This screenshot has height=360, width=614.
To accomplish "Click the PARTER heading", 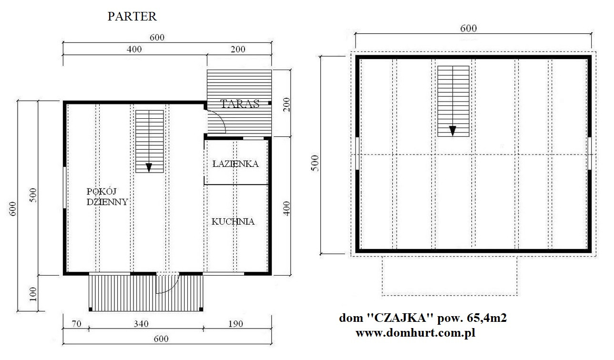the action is [x=132, y=17].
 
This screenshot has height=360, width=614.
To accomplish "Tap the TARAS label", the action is [x=240, y=104].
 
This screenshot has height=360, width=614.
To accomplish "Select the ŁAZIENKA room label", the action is [x=235, y=164].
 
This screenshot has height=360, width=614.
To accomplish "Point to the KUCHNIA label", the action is [x=233, y=222].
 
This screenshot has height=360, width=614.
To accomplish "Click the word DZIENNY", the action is [x=107, y=202].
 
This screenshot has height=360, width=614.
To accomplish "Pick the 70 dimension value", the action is [x=76, y=324].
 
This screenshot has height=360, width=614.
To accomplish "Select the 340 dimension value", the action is [x=141, y=324].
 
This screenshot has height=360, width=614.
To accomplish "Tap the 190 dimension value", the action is [x=235, y=324].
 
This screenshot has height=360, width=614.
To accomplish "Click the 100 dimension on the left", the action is [x=32, y=294].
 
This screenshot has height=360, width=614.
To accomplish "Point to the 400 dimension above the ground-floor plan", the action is [x=134, y=50].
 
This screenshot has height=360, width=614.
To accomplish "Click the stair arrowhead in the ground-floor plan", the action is [x=149, y=167].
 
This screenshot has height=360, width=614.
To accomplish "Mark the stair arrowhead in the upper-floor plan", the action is [x=452, y=131].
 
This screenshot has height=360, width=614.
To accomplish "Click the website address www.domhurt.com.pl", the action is [x=416, y=333].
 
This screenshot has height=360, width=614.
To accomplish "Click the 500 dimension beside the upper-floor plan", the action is [x=315, y=163].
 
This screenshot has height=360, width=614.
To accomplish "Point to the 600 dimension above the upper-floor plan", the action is [x=469, y=28].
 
